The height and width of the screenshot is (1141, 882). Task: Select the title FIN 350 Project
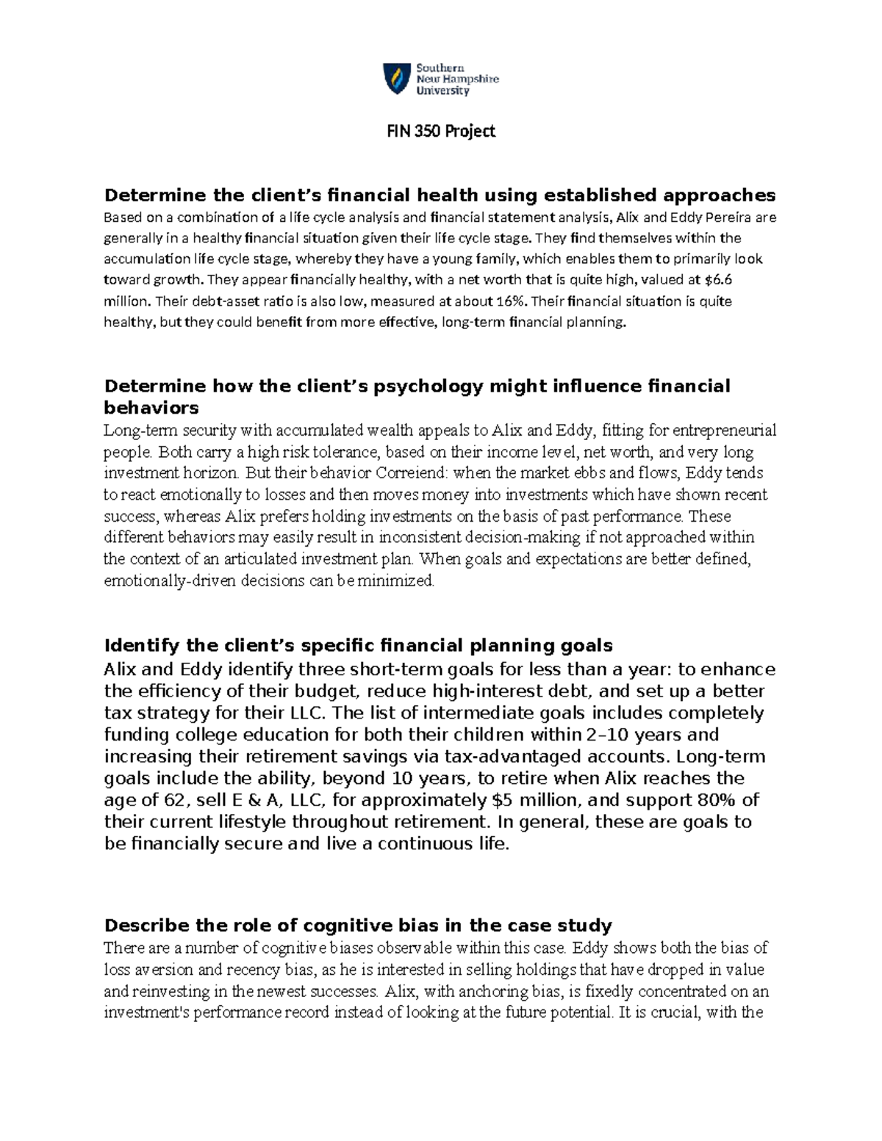pos(441,131)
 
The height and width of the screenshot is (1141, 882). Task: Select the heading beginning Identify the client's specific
pos(358,645)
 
